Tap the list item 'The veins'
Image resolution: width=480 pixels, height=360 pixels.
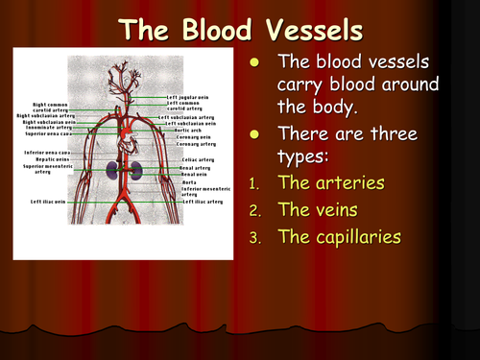318,208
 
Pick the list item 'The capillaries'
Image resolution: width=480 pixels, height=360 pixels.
338,235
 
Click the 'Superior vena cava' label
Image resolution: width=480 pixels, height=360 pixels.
45,134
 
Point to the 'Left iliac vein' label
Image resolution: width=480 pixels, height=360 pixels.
48,203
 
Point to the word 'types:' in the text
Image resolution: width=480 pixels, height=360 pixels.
302,156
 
